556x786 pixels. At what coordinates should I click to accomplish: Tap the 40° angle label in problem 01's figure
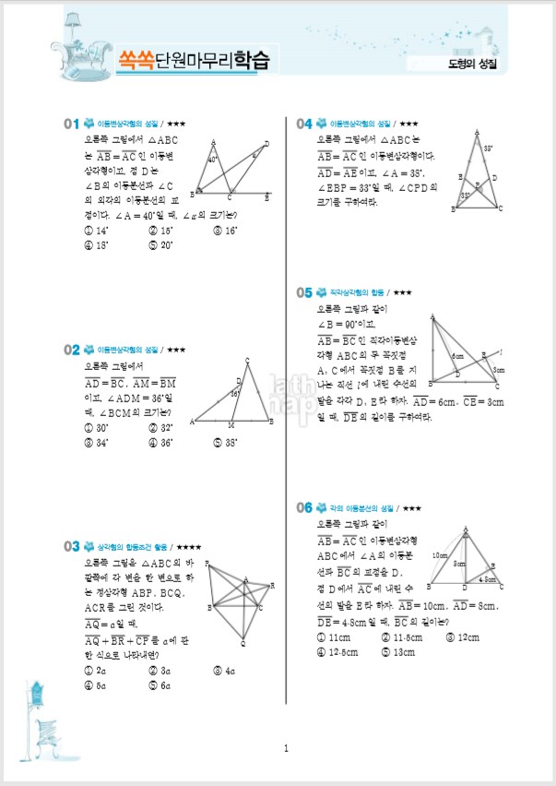213,160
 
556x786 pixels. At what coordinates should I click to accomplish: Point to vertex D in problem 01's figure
266,144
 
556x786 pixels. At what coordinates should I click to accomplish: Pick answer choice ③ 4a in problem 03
225,671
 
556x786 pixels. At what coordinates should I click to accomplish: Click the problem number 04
304,123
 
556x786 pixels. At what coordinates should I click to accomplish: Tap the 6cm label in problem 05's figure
456,356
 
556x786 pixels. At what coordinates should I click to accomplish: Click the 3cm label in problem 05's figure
498,369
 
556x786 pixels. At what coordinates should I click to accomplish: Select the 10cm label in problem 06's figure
438,555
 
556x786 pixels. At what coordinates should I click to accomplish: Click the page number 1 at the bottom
287,748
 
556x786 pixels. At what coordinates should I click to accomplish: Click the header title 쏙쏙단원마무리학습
194,60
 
